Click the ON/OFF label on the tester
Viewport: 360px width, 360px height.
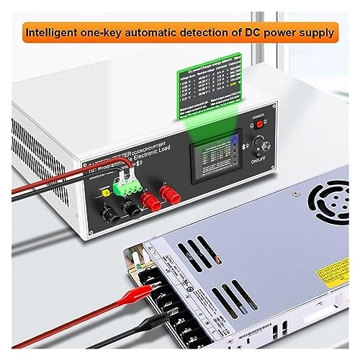pyautogui.click(x=260, y=163)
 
